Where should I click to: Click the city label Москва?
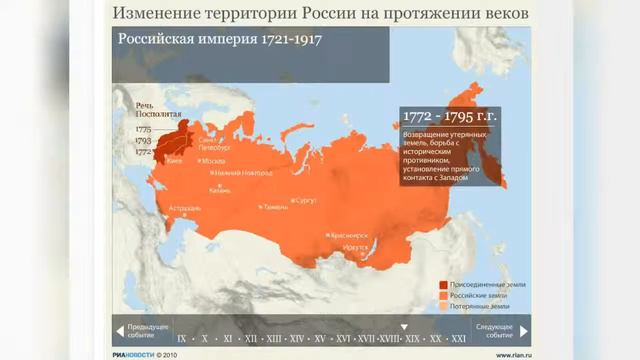click(214, 160)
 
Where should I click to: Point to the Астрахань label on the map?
click(186, 208)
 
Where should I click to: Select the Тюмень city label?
click(275, 207)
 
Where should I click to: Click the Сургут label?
click(305, 200)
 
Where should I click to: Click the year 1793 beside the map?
click(143, 141)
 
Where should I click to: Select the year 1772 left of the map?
click(143, 152)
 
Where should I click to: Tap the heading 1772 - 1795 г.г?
click(436, 116)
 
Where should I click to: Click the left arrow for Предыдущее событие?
click(120, 329)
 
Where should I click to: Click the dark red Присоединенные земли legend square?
click(441, 284)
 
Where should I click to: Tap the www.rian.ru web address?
click(515, 353)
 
